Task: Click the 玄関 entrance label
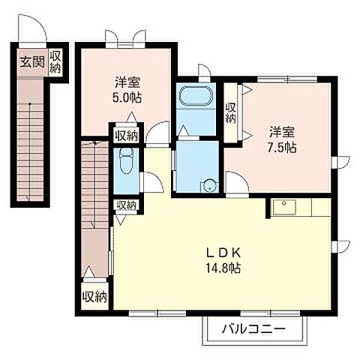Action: click(x=32, y=61)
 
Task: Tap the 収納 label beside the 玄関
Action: click(x=55, y=62)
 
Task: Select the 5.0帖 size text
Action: click(x=127, y=97)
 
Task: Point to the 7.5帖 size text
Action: click(x=282, y=148)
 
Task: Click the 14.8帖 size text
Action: click(x=223, y=268)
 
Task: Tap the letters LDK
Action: click(x=223, y=253)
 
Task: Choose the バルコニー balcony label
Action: click(x=253, y=329)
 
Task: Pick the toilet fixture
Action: click(x=127, y=160)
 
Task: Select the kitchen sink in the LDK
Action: click(x=284, y=207)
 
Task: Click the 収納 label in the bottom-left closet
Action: click(x=95, y=297)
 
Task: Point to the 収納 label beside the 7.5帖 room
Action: click(x=231, y=113)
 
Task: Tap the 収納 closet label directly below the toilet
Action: click(x=127, y=205)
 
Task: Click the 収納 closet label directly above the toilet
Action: click(x=126, y=136)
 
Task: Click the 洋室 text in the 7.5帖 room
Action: click(x=282, y=133)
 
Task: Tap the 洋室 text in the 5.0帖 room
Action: click(x=127, y=82)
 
